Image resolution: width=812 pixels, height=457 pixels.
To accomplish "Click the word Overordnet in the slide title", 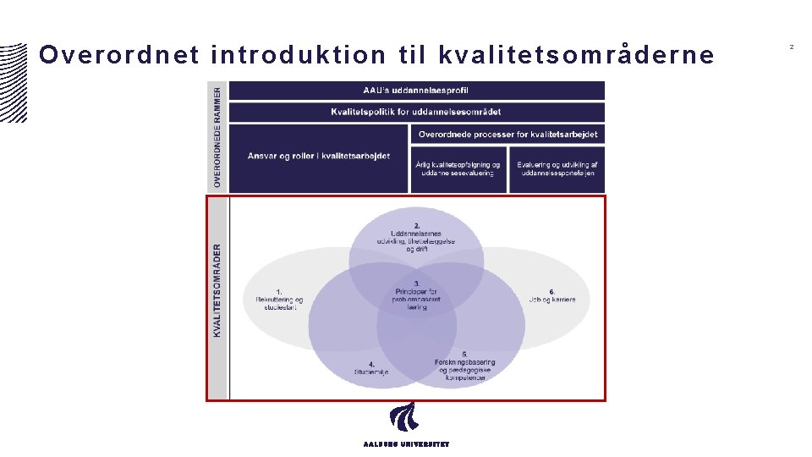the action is pos(118,56).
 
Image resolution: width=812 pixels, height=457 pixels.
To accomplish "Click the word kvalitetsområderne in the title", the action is pos(576,56).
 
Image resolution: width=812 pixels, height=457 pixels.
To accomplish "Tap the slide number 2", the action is pos(792,47).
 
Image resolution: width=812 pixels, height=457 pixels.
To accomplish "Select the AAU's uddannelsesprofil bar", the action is pos(416,91).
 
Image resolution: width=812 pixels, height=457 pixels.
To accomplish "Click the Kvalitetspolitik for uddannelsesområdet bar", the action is pos(416,112).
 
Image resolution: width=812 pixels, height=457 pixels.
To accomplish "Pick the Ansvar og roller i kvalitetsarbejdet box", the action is pos(319,157).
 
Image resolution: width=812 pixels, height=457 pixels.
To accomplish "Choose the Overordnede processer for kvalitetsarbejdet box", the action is pos(508,135).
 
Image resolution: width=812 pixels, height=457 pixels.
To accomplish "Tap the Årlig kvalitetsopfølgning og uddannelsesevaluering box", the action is pos(458,169).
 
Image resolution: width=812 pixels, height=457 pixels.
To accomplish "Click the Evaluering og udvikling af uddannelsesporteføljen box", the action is pos(557,169).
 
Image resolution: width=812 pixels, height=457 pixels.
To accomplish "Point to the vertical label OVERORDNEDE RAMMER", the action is pos(217,136).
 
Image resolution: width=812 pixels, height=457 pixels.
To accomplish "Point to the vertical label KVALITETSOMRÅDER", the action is pos(217,291).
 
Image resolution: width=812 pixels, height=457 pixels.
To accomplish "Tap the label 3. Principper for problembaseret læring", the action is pos(416,295).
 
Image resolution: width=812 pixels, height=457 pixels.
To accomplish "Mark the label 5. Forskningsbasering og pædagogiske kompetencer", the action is pos(464,366).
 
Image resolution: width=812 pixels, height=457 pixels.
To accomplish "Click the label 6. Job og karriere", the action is pos(551,295).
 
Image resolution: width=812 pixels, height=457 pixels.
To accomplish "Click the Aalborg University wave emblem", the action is pos(403,417).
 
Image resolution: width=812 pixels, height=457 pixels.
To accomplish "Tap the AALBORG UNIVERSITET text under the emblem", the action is pos(406,443).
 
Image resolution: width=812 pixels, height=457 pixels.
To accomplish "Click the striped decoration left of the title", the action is pos(13,80).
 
